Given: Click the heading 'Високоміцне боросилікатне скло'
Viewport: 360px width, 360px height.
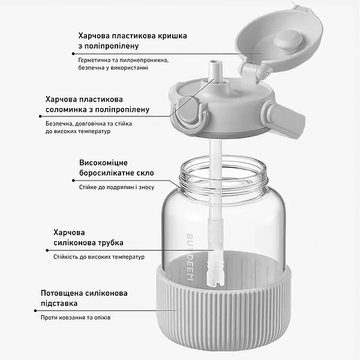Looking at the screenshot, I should tap(116, 168).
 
